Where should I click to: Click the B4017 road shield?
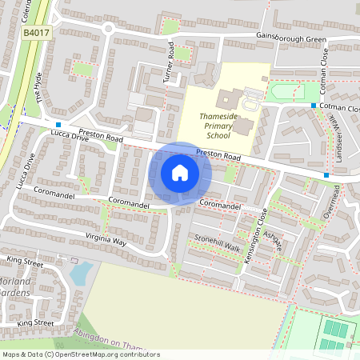click(x=35, y=32)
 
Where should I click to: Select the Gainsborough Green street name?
click(x=292, y=38)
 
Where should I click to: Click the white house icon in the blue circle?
click(x=180, y=172)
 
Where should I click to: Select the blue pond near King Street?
click(x=80, y=274)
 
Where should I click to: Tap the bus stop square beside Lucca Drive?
click(x=58, y=125)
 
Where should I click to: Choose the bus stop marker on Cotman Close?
click(x=313, y=106)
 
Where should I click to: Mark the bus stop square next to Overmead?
click(x=326, y=174)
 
